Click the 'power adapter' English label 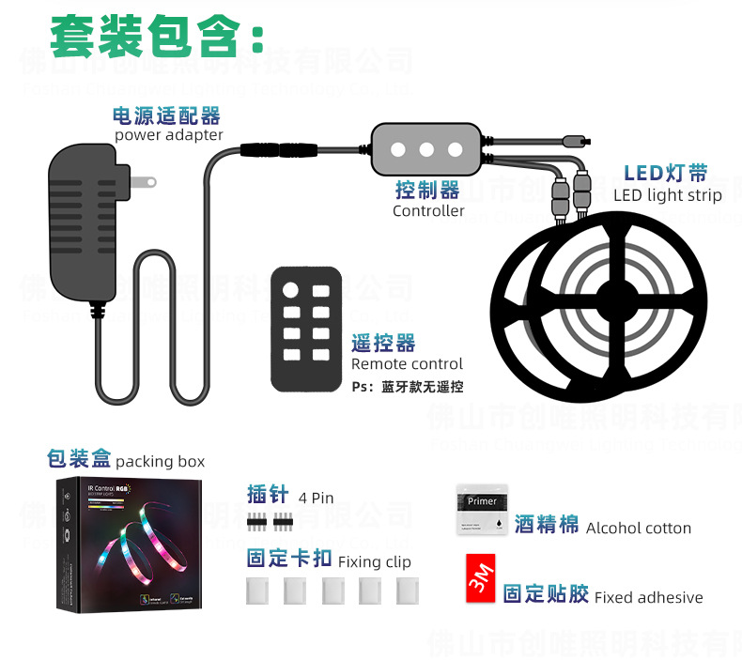(169, 135)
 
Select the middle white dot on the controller (425, 148)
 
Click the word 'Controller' (428, 211)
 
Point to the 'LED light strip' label (668, 195)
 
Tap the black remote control (306, 329)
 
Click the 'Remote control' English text (407, 364)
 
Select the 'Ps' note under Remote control (407, 387)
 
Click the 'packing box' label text (160, 462)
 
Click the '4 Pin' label (316, 498)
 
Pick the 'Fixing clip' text (373, 562)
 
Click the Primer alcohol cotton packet (482, 511)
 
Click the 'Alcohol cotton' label (638, 529)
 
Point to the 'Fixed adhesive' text (648, 597)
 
